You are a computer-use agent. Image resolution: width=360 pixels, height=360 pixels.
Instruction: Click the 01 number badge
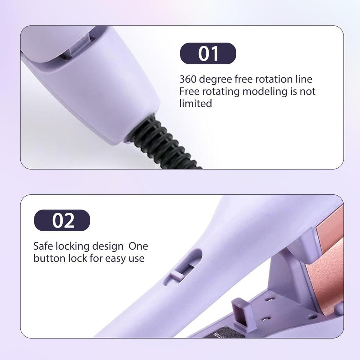[208, 53]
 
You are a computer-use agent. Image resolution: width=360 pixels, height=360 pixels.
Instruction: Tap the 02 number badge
[62, 220]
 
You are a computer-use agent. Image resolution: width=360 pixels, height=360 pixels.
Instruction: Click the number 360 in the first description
[188, 79]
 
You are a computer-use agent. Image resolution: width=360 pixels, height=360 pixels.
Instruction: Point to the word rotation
[274, 79]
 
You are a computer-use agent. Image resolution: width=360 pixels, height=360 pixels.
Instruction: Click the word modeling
[265, 92]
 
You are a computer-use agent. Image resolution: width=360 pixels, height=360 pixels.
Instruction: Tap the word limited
[195, 103]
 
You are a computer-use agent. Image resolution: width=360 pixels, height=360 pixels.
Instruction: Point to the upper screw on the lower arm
[270, 300]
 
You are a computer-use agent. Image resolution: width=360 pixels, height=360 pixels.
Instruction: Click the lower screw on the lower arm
[266, 319]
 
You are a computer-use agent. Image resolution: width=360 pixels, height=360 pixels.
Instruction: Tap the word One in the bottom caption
[138, 246]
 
